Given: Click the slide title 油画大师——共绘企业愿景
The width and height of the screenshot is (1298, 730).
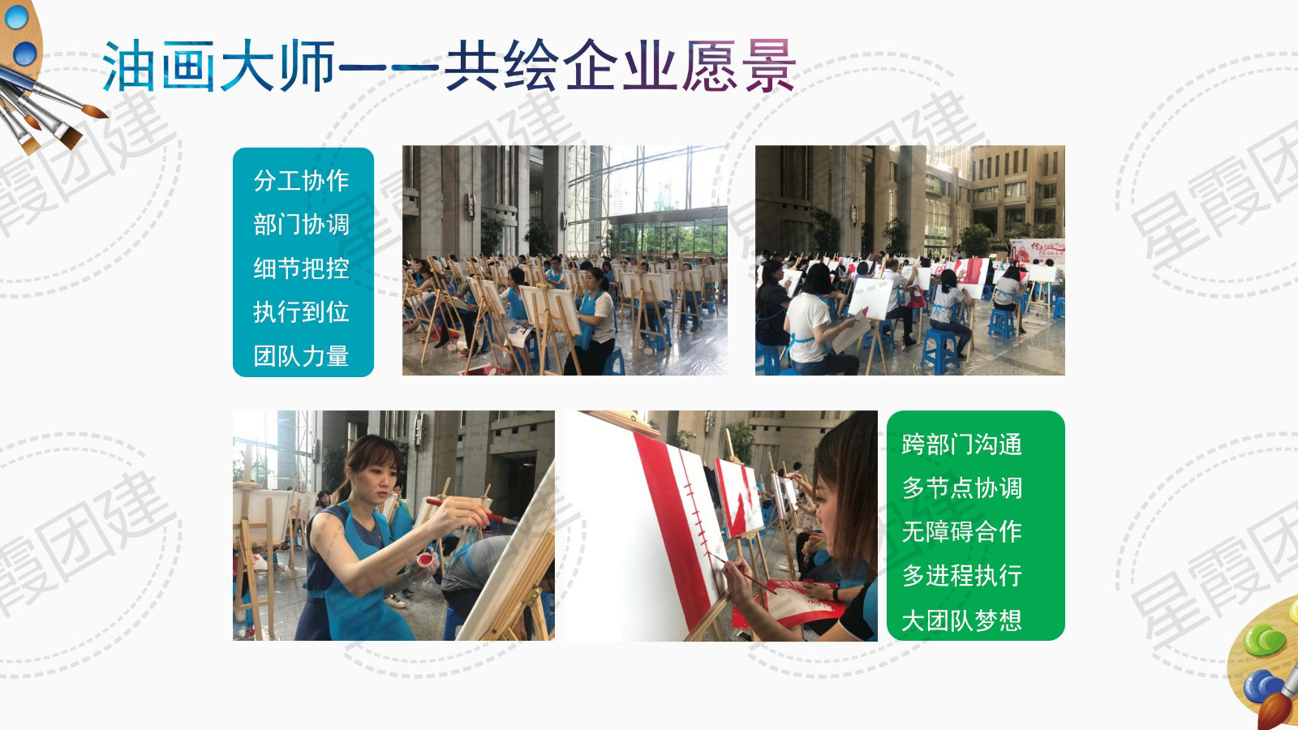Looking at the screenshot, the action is (449, 66).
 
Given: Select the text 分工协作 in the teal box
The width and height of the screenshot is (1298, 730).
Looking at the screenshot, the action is (301, 181).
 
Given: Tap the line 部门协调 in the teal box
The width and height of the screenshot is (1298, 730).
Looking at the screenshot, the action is (301, 225).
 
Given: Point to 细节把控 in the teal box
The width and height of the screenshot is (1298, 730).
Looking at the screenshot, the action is (301, 268).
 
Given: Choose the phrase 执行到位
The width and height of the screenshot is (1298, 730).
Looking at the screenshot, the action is (301, 312).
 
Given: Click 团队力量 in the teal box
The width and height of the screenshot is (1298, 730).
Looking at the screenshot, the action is (301, 356).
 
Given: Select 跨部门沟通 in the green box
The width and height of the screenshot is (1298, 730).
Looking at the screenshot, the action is (962, 445).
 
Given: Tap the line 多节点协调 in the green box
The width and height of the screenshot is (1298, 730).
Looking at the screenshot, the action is (962, 488).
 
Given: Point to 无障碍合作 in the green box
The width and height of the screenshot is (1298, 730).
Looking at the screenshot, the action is (962, 532).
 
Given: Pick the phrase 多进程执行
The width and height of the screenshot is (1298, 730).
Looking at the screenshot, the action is (962, 576).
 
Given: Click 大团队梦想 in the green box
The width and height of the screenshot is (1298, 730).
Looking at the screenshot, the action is (962, 620).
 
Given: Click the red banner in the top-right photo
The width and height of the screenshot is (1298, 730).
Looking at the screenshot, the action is (1038, 251).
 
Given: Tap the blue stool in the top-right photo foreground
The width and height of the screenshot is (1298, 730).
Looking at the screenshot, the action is (938, 350).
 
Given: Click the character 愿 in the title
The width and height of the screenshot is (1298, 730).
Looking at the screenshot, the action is (711, 66).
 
